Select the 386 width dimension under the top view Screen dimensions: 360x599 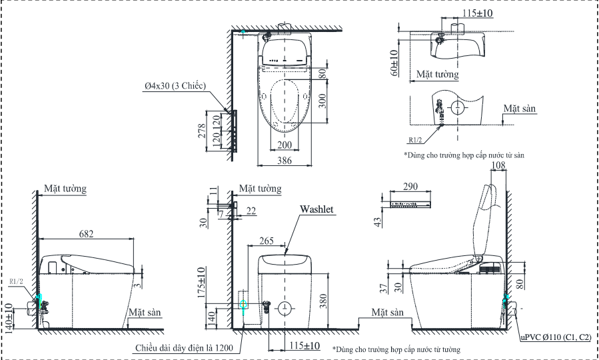(x=285, y=161)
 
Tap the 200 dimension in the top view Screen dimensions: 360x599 (x=285, y=145)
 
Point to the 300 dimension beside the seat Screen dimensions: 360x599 (x=322, y=101)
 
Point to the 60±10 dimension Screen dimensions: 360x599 (x=394, y=62)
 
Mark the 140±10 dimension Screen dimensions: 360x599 (x=9, y=317)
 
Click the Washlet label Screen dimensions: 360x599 (x=316, y=209)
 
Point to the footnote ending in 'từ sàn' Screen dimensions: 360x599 (x=464, y=155)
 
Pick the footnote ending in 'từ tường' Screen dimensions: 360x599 (x=396, y=349)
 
